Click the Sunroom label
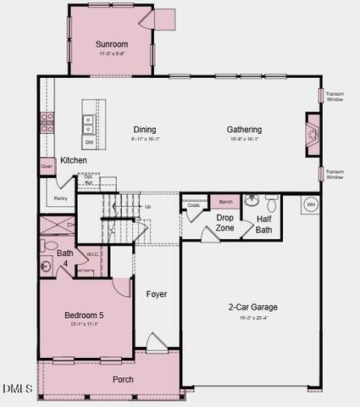(112, 43)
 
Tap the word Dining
(145, 130)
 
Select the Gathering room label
(244, 130)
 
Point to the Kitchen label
(73, 160)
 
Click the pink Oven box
(47, 167)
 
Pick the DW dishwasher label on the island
(89, 142)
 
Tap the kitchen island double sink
(88, 125)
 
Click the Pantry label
(60, 198)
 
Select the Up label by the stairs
(148, 206)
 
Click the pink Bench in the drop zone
(225, 202)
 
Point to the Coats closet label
(194, 205)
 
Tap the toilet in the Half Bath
(271, 204)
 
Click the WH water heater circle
(310, 204)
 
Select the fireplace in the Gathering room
(310, 136)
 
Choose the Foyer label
(157, 294)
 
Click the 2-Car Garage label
(252, 307)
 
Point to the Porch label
(123, 379)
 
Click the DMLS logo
(17, 389)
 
